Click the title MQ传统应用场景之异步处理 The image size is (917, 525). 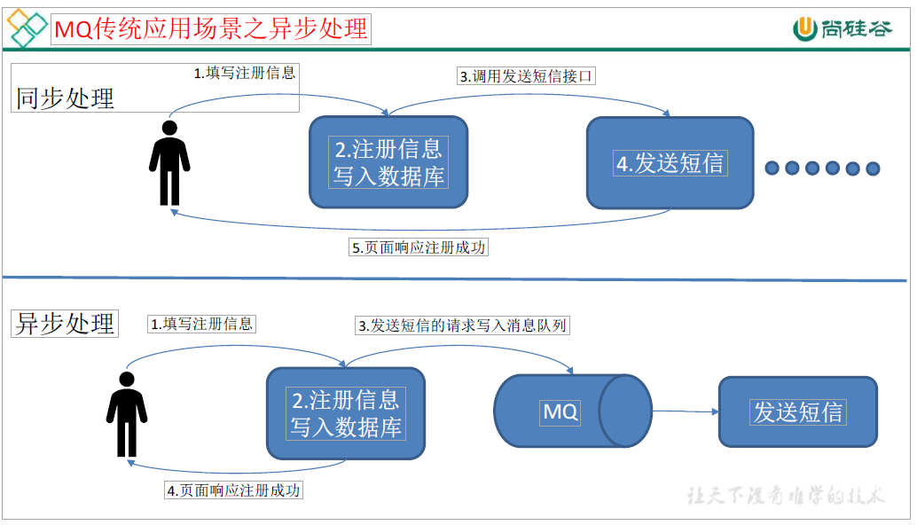[210, 29]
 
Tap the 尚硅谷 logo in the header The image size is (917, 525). [843, 28]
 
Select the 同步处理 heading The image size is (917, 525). [65, 98]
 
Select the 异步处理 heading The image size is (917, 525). [65, 323]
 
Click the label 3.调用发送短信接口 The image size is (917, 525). [526, 76]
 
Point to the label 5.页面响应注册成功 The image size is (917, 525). [419, 247]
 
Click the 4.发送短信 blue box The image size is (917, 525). [670, 163]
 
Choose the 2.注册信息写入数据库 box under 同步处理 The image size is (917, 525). [388, 162]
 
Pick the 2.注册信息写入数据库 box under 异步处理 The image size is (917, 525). [346, 413]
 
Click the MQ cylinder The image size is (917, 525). [572, 411]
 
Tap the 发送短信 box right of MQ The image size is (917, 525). [797, 411]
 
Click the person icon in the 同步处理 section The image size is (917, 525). [169, 161]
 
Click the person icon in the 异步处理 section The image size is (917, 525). [127, 414]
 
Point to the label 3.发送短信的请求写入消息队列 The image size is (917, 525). [462, 325]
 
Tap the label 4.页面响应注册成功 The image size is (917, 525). [233, 490]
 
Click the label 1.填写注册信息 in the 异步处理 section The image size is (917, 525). [201, 324]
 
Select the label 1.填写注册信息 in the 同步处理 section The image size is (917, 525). [245, 73]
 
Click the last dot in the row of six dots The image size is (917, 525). [873, 168]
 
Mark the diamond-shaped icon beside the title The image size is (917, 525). [27, 28]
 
